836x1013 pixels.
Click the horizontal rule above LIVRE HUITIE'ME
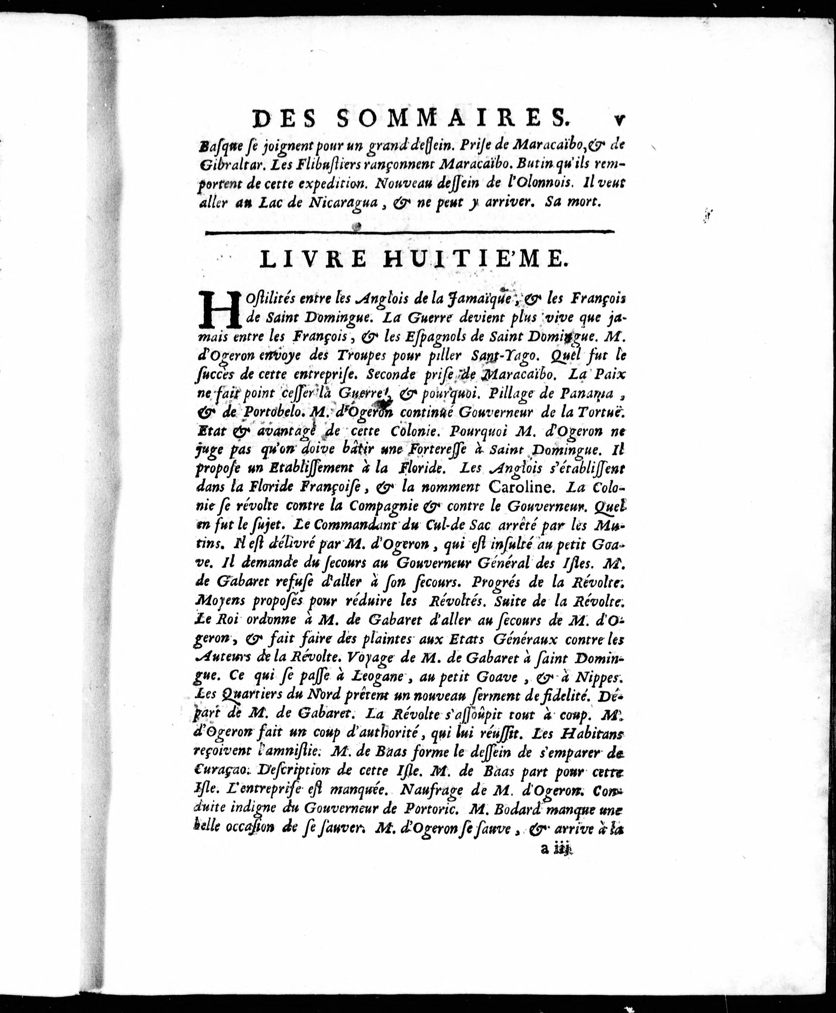pos(409,233)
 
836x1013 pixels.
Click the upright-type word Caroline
pos(524,487)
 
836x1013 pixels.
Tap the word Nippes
pos(597,677)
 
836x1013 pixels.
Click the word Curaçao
pos(221,771)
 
